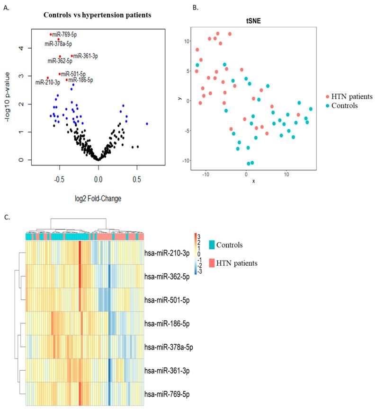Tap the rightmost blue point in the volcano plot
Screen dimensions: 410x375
click(147, 124)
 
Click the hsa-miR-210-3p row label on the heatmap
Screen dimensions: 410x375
click(167, 253)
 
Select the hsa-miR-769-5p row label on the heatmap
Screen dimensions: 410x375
click(167, 393)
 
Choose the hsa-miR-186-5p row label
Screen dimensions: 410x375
click(167, 323)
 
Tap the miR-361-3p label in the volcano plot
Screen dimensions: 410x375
click(86, 56)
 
